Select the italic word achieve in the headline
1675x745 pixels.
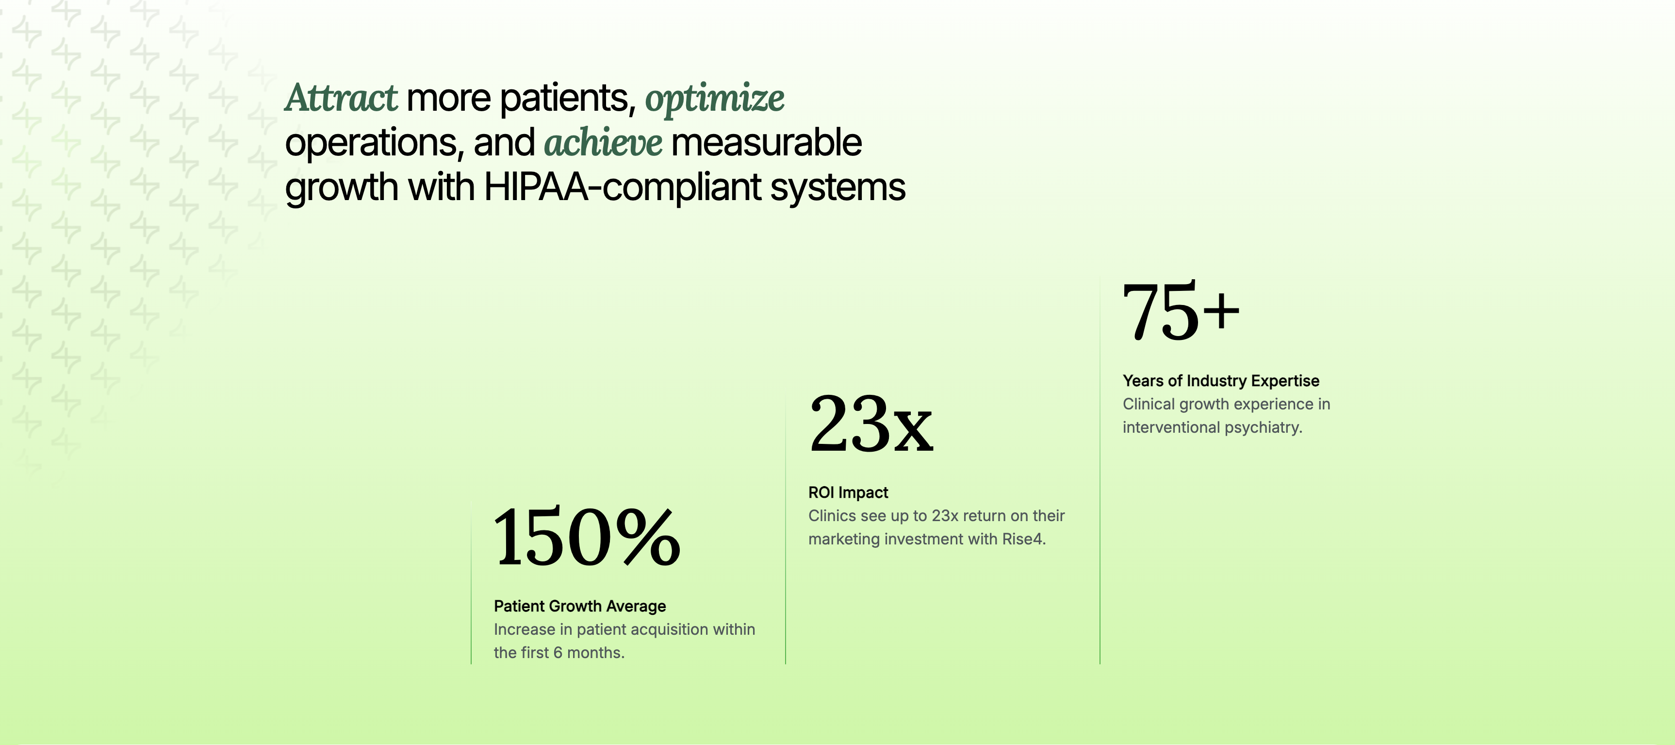tap(603, 142)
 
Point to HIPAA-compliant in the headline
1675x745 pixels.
tap(622, 188)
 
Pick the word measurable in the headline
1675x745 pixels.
tap(766, 142)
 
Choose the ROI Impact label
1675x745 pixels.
tap(848, 492)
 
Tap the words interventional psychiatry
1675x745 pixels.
tap(1213, 427)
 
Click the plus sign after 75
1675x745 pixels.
tap(1221, 311)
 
